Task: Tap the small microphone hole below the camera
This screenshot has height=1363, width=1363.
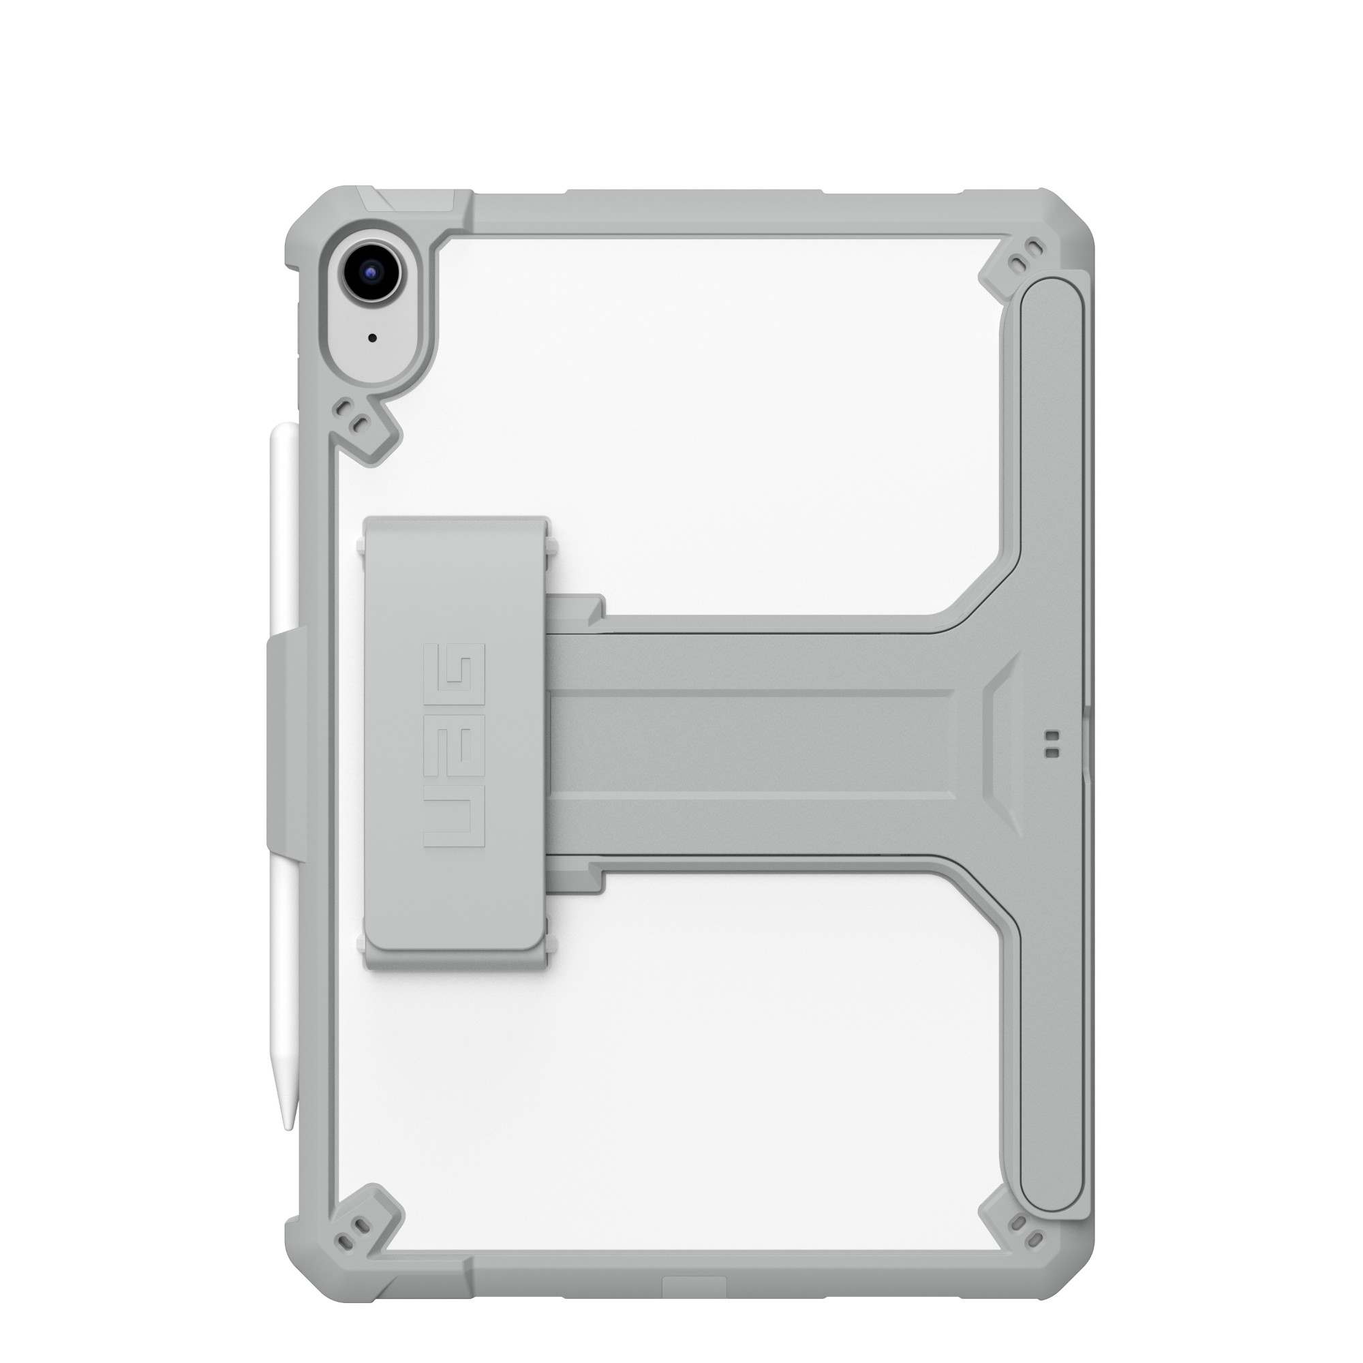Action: [x=373, y=338]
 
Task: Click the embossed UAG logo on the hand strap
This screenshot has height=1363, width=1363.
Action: [x=454, y=744]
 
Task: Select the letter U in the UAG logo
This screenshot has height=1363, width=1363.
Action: [x=454, y=818]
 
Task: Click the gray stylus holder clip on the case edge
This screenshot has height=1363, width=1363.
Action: [x=282, y=737]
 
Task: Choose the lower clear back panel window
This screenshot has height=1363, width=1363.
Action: [x=705, y=1058]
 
